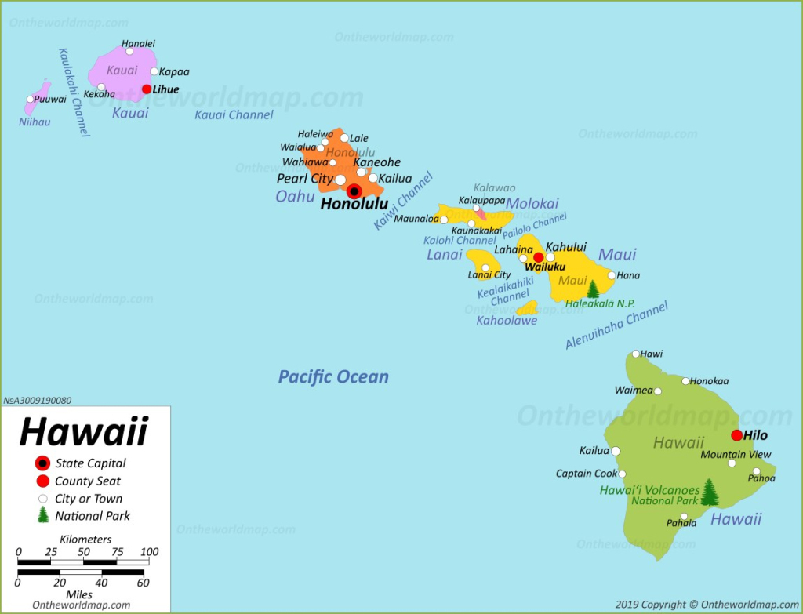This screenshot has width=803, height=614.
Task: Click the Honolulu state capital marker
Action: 354,191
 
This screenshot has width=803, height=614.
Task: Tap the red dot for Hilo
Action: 736,435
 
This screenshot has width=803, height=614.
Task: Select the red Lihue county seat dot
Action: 147,89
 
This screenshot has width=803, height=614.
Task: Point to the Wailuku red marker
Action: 539,257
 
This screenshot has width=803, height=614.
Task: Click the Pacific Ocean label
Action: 333,377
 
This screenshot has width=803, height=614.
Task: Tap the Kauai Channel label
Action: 234,115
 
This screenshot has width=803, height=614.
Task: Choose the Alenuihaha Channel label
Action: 616,325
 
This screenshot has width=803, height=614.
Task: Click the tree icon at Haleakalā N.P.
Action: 593,289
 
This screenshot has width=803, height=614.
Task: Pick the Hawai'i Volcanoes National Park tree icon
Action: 710,492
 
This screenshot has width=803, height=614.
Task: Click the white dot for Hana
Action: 612,275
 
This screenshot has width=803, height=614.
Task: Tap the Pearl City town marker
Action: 340,180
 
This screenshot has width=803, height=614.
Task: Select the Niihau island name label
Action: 35,122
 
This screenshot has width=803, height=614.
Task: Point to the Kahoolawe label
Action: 507,320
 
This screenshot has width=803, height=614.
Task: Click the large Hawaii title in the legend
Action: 83,431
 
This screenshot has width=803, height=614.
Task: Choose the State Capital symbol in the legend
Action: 42,463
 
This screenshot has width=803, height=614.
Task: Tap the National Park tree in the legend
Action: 42,515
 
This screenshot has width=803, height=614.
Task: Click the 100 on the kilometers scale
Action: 149,551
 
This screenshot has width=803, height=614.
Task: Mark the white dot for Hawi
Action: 636,354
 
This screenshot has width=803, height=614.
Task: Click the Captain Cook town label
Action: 586,474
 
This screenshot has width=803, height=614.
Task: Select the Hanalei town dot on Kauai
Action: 129,52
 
